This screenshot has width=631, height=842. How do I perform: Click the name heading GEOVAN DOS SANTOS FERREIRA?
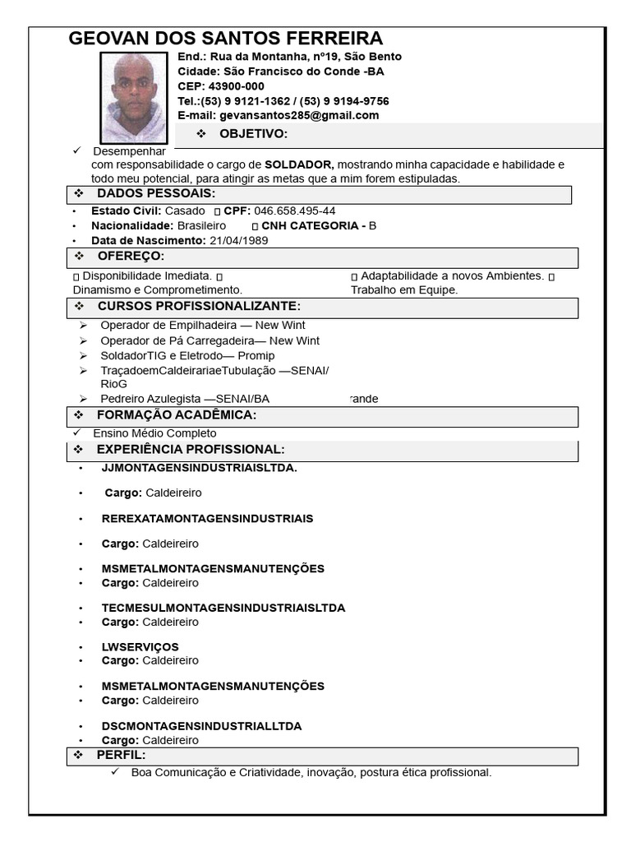point(225,39)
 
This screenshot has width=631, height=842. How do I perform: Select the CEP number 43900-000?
point(236,86)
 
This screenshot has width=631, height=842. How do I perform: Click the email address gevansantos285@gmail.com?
point(299,115)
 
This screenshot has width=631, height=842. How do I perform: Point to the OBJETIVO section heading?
point(253,134)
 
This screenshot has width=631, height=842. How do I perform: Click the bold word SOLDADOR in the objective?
point(298,164)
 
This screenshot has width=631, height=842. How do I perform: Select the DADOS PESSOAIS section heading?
point(156,194)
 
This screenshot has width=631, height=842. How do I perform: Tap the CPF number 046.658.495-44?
point(294,210)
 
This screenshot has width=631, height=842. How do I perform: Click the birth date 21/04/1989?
point(238,240)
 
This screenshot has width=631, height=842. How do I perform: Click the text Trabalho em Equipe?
point(404,289)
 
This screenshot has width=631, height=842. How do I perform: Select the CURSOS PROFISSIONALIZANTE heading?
point(193,307)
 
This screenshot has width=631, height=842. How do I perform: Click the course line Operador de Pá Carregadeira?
point(210,340)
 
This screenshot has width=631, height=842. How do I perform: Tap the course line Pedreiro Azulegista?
point(184,399)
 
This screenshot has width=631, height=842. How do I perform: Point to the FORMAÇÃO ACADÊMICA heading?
point(177,415)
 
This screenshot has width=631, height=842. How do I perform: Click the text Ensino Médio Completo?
point(154,433)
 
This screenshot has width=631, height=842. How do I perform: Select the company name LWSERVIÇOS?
point(140,647)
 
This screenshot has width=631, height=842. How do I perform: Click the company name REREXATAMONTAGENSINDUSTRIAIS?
point(207,519)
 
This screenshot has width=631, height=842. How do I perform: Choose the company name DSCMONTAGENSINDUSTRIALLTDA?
point(201,726)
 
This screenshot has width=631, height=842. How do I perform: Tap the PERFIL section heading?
point(121,755)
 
